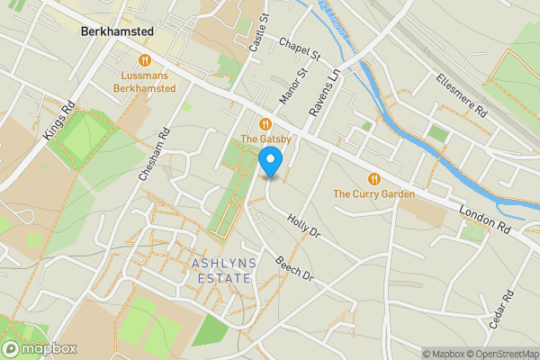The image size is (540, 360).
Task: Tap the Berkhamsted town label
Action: (x=116, y=31)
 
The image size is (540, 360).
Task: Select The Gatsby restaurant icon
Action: (x=265, y=124)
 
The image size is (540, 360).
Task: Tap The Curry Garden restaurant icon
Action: (x=373, y=178)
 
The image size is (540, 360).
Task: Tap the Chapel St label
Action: (x=300, y=49)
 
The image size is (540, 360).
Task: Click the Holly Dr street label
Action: (x=303, y=226)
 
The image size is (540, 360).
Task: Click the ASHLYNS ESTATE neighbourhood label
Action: (x=221, y=270)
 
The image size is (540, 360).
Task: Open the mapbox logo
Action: (x=39, y=348)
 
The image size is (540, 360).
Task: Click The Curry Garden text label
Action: (x=373, y=193)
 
